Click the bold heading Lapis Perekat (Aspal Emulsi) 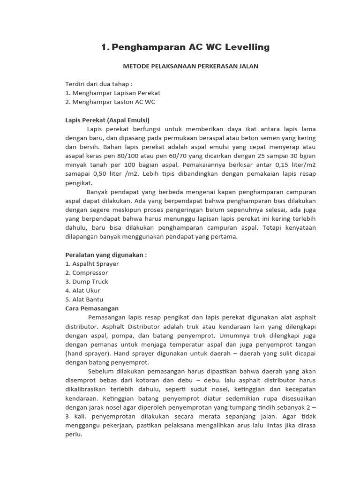pyautogui.click(x=107, y=120)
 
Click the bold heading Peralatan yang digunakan pyautogui.click(x=106, y=255)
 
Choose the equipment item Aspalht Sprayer pyautogui.click(x=92, y=263)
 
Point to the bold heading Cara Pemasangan pyautogui.click(x=92, y=308)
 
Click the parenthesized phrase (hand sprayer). pyautogui.click(x=88, y=353)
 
